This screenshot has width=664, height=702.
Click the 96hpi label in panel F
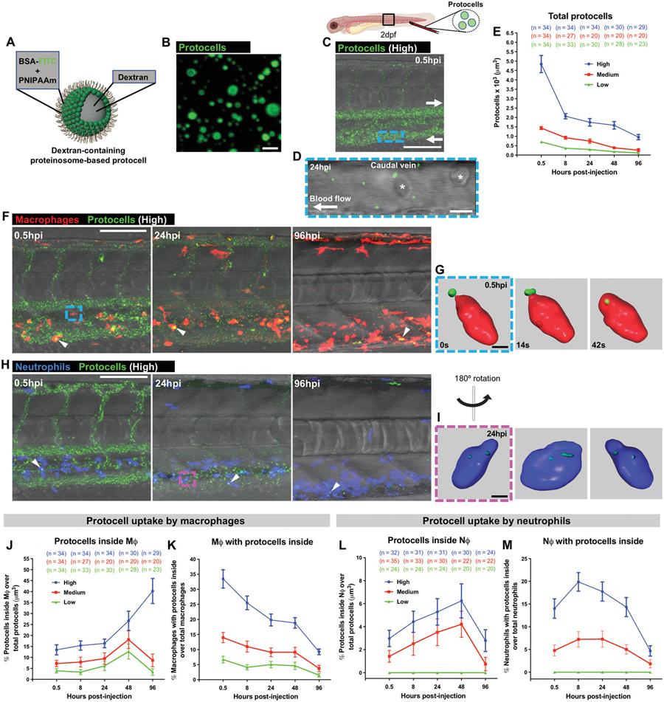pos(307,238)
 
